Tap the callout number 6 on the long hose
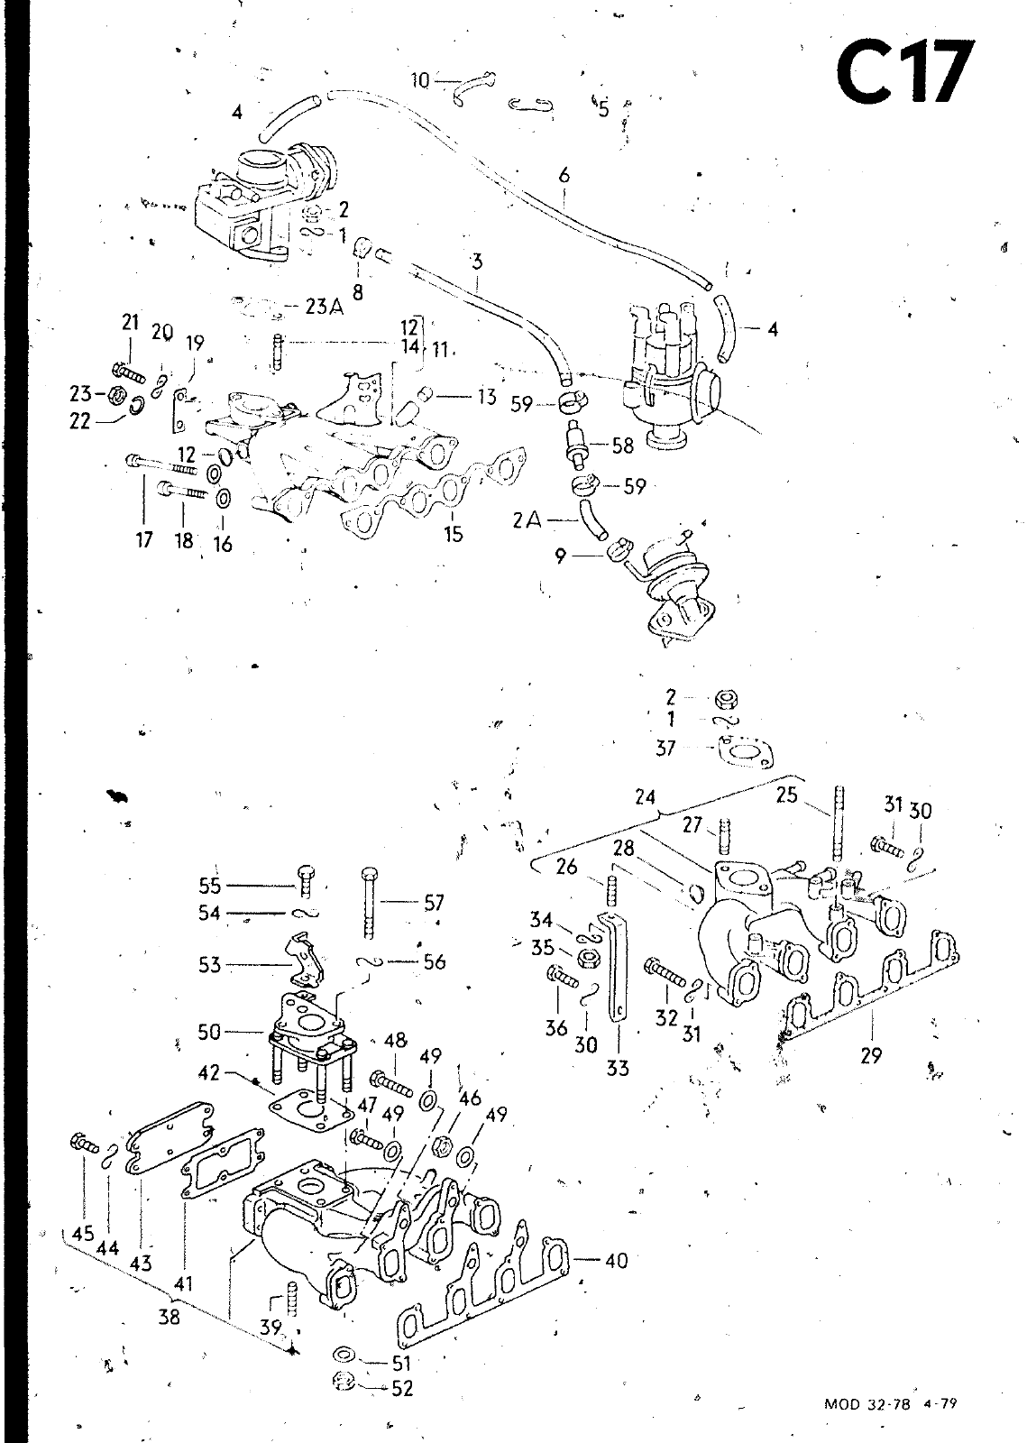564,177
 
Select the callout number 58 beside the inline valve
622,445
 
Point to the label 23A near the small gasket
325,306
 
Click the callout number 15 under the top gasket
454,534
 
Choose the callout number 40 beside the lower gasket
616,1260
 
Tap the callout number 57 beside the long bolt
434,901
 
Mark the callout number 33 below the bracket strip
618,1069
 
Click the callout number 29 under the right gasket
870,1053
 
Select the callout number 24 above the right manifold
645,797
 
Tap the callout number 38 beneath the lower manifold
169,1316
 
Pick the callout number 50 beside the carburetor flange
209,1031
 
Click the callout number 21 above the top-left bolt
132,323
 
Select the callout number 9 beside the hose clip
561,556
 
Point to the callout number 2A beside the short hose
527,521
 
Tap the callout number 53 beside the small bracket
209,966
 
